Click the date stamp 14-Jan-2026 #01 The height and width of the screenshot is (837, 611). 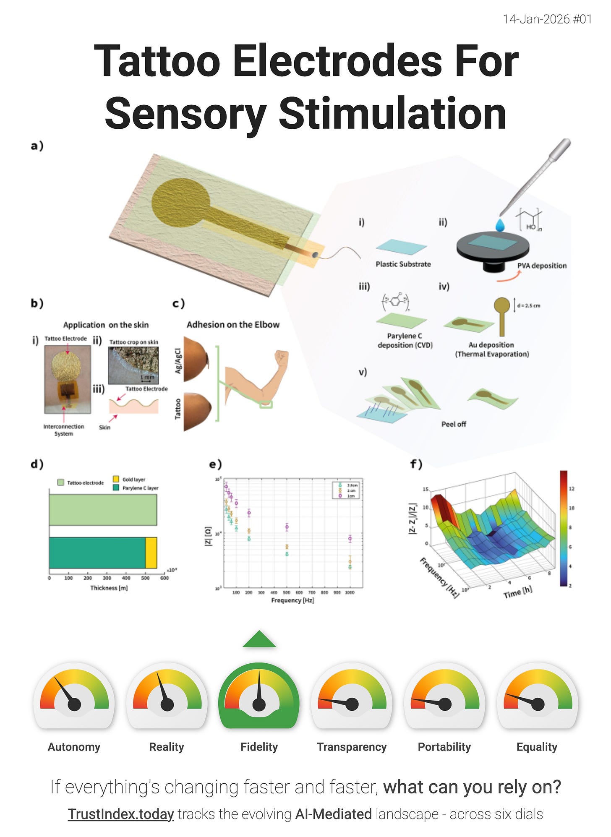tap(547, 19)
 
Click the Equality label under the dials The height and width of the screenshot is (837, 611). tap(537, 747)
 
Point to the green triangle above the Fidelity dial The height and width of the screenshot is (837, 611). tap(259, 639)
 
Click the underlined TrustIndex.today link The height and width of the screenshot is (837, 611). tap(121, 814)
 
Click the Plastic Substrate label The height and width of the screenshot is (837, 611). tap(403, 264)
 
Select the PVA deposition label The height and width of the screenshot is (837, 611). tap(541, 266)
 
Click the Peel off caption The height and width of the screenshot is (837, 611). tap(453, 424)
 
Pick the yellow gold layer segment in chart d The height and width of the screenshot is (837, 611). tap(151, 553)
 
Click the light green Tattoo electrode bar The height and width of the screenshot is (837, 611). tap(103, 510)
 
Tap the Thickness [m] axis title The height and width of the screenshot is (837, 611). tap(109, 588)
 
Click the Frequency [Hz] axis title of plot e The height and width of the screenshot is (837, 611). tap(292, 600)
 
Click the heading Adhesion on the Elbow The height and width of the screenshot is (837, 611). tap(233, 325)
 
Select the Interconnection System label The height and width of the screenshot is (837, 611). tap(63, 430)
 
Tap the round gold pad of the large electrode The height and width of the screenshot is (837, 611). tap(180, 201)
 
